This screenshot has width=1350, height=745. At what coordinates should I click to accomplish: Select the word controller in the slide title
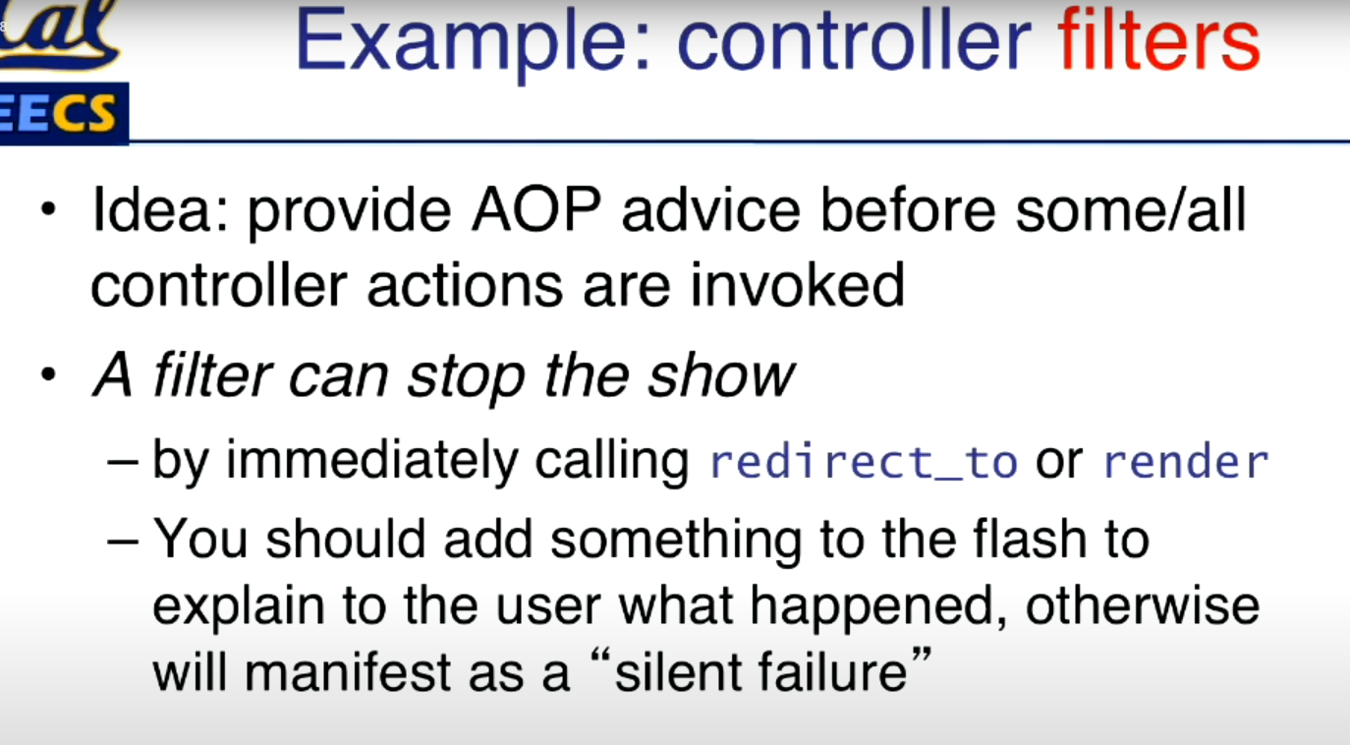[854, 39]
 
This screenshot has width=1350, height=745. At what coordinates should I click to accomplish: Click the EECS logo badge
[63, 113]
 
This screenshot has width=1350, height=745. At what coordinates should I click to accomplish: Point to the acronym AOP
[535, 209]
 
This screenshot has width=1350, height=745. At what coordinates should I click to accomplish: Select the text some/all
[1131, 209]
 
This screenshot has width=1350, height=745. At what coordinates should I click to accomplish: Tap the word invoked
[798, 284]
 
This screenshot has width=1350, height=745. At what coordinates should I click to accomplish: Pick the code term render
[1186, 463]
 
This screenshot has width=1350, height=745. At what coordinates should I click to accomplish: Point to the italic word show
[721, 374]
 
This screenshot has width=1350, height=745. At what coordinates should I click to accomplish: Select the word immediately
[371, 461]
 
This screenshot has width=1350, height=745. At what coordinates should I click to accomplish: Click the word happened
[878, 607]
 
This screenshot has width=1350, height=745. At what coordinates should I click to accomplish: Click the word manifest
[348, 671]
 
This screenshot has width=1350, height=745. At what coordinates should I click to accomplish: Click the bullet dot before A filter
[48, 374]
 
